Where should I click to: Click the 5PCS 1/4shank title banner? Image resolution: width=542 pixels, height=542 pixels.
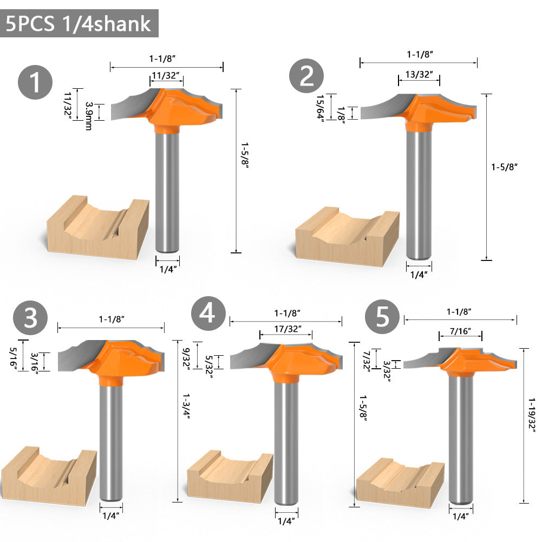pyautogui.click(x=79, y=23)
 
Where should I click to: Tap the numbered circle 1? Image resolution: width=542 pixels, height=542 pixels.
pyautogui.click(x=35, y=82)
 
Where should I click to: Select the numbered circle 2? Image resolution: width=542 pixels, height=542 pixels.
pyautogui.click(x=306, y=76)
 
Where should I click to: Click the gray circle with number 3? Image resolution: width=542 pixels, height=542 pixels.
pyautogui.click(x=30, y=318)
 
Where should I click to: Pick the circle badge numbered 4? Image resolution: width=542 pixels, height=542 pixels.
pyautogui.click(x=208, y=314)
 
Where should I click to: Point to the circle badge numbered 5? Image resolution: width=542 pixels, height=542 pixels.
pyautogui.click(x=382, y=316)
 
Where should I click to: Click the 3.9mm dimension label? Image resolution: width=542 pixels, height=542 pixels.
pyautogui.click(x=89, y=116)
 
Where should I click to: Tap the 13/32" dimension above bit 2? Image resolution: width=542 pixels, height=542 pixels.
pyautogui.click(x=419, y=74)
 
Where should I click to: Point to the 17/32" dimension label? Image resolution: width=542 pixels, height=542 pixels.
pyautogui.click(x=288, y=329)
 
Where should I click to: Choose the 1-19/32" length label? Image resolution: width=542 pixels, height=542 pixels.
pyautogui.click(x=532, y=415)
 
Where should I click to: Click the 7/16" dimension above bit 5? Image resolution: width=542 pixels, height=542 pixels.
pyautogui.click(x=460, y=331)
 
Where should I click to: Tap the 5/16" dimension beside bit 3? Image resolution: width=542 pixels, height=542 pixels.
pyautogui.click(x=14, y=358)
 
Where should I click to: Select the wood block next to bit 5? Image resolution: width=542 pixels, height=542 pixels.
pyautogui.click(x=400, y=482)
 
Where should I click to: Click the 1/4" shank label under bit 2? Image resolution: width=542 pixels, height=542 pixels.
pyautogui.click(x=419, y=275)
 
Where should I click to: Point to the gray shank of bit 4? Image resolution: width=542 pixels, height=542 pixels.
pyautogui.click(x=286, y=443)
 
